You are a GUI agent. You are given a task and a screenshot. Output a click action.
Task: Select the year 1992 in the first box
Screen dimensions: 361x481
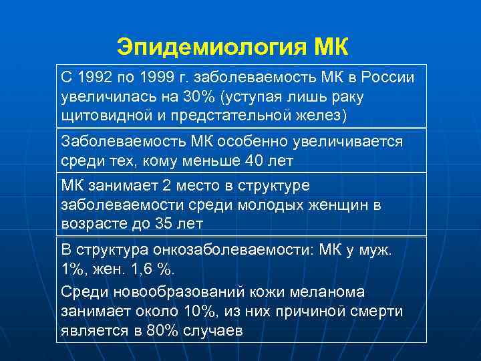(x=91, y=78)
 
